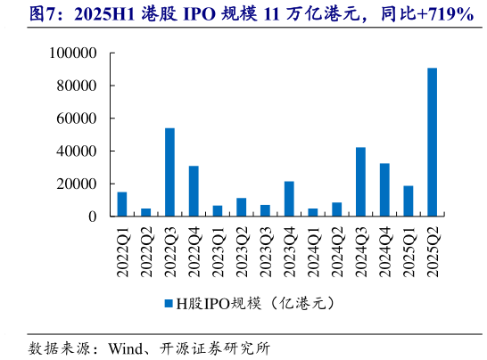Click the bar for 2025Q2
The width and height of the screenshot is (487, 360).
click(x=433, y=143)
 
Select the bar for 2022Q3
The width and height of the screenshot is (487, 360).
click(x=169, y=172)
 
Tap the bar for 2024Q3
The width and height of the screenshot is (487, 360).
click(x=360, y=182)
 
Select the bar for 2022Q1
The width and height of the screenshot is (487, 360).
click(x=122, y=204)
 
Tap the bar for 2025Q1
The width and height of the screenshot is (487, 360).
click(x=409, y=200)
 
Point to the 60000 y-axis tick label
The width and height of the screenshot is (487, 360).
click(x=78, y=119)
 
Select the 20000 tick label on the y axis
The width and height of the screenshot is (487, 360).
click(x=78, y=184)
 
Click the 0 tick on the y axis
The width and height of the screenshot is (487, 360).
click(x=93, y=217)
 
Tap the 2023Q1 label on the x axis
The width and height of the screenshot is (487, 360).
click(x=218, y=254)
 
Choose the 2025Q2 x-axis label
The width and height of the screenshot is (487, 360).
click(x=433, y=254)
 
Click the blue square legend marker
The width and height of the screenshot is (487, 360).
click(x=167, y=304)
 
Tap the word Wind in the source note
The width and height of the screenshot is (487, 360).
click(x=126, y=347)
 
